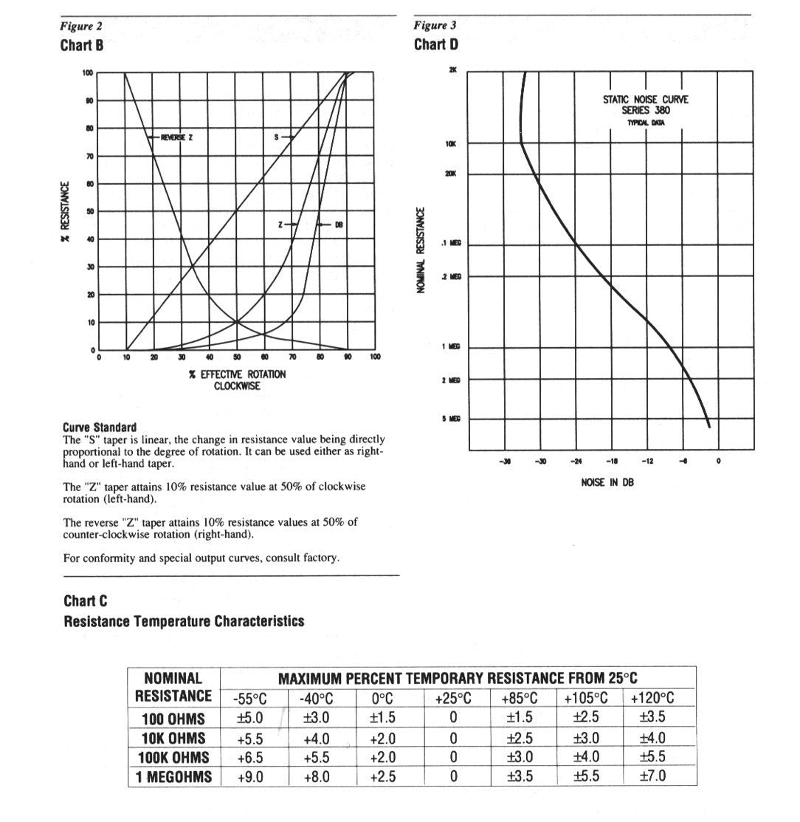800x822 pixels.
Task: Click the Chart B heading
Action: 81,45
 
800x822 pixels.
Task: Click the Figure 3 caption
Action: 435,25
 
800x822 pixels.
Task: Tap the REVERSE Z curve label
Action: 176,137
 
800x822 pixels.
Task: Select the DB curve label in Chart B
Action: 339,225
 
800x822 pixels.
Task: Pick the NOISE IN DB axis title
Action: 607,483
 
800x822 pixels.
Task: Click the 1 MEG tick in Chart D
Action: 451,347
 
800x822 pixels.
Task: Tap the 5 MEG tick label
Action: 451,419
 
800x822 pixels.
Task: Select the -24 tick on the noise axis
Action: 576,462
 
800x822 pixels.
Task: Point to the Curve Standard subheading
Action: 100,428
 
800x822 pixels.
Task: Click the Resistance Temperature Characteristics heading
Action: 184,621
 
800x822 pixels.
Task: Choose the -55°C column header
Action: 249,699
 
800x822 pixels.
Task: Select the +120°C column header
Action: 652,699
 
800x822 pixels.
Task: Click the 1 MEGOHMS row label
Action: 174,777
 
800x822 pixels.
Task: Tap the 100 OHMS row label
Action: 174,718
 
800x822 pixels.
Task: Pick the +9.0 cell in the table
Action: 250,777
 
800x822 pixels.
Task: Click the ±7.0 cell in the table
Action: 652,777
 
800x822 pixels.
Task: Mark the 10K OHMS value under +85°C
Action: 520,738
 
